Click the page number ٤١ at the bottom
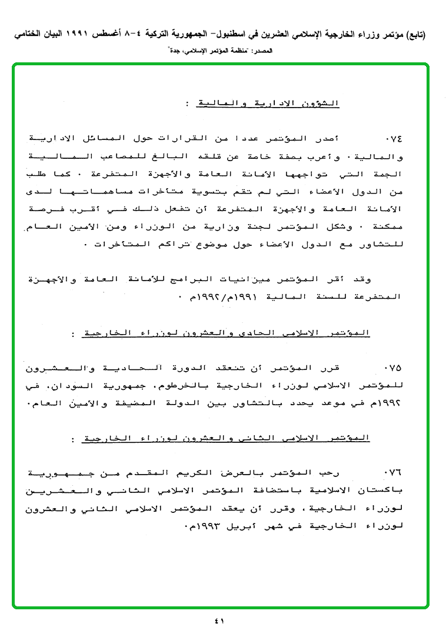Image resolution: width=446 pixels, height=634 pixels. (220, 621)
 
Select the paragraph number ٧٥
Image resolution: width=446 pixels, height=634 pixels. (392, 369)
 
